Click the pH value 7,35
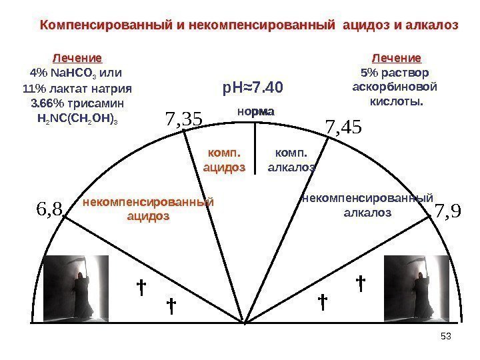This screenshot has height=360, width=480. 183,119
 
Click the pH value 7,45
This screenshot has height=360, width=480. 341,125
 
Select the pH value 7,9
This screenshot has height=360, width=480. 447,211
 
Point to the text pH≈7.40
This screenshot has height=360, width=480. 253,87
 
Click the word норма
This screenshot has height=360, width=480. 255,113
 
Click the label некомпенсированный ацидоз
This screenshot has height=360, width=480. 147,209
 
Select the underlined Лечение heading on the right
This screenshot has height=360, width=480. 396,58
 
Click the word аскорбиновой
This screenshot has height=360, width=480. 395,87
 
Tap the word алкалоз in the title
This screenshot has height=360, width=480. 433,25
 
